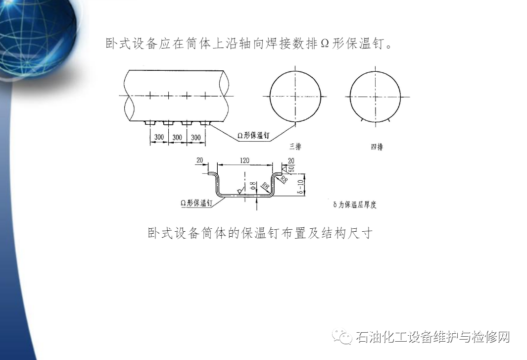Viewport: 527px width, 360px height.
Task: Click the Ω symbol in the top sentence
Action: coord(324,44)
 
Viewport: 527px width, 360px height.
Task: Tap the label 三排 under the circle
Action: coord(295,147)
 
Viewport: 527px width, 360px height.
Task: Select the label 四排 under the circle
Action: coord(377,147)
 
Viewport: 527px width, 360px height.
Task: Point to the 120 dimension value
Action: coord(244,160)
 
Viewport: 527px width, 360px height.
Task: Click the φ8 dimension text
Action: coord(253,186)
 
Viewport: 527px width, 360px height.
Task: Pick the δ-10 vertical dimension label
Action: coord(300,187)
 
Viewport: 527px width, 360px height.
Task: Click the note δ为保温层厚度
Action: coord(355,204)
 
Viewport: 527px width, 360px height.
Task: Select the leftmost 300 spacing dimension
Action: coord(159,137)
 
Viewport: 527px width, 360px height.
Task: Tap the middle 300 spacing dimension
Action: coord(177,137)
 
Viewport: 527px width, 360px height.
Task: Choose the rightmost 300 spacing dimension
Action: coord(195,137)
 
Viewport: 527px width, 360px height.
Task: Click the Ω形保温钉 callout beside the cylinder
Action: coord(253,136)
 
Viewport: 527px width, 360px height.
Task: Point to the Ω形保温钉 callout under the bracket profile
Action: coord(196,203)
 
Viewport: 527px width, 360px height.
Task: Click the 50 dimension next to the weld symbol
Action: coord(291,168)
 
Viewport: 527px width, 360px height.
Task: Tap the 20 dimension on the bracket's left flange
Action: coord(199,160)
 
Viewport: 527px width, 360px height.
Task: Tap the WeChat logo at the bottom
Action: coord(342,336)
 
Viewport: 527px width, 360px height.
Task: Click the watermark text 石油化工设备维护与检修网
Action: coord(432,337)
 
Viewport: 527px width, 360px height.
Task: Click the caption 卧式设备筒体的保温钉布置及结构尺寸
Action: coord(260,233)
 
